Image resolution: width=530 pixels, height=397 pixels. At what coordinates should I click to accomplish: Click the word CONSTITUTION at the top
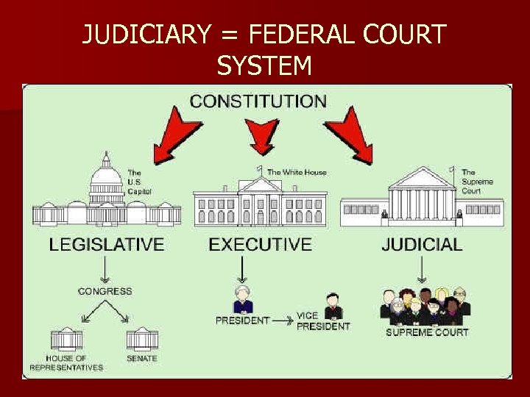[258, 101]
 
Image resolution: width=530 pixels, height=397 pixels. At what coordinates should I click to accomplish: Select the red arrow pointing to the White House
[262, 135]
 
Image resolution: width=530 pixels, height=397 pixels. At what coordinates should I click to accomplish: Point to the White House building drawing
[259, 200]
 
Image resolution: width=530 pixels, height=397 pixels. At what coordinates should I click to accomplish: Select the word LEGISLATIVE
[107, 245]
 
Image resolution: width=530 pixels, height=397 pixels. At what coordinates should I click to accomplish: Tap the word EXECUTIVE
[260, 245]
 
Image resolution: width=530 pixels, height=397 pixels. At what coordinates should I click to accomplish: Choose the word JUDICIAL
[422, 245]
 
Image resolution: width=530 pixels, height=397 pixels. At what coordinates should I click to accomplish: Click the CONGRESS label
[105, 291]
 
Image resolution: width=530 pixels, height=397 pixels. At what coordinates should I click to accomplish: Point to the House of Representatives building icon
[67, 339]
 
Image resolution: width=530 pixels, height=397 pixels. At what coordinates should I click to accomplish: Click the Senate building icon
[142, 339]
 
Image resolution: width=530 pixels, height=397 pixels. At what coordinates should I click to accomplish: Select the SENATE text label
[142, 358]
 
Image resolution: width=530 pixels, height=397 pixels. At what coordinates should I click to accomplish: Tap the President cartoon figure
[242, 301]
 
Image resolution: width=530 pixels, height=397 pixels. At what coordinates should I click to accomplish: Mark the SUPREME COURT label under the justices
[427, 332]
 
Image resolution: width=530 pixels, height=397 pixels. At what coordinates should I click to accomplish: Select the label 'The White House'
[297, 172]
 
